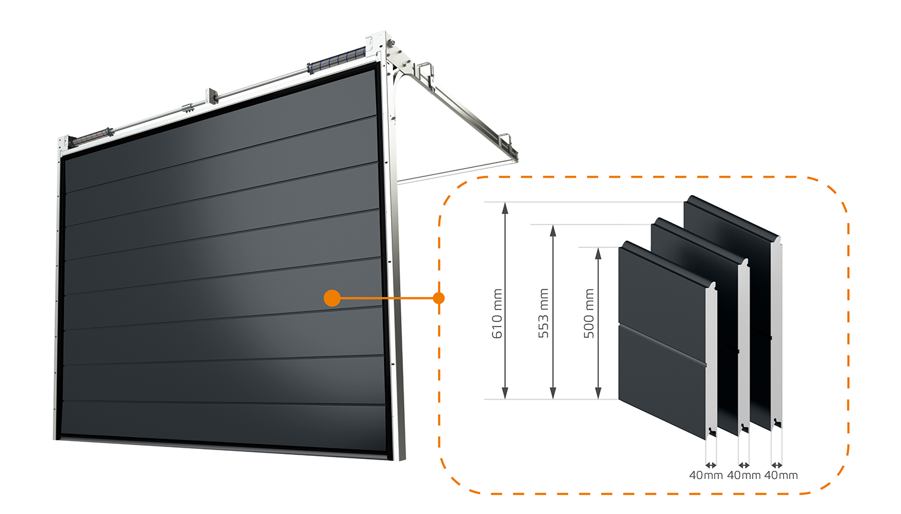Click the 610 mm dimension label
pyautogui.click(x=497, y=313)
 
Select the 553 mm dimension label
pyautogui.click(x=543, y=313)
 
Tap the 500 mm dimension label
pyautogui.click(x=589, y=313)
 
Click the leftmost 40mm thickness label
pyautogui.click(x=706, y=475)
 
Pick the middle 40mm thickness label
pyautogui.click(x=744, y=475)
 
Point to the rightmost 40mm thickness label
pyautogui.click(x=781, y=475)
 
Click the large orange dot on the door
pyautogui.click(x=332, y=298)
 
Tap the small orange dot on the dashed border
pyautogui.click(x=439, y=298)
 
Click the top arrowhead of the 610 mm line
pyautogui.click(x=505, y=208)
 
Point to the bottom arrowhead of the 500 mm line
pyautogui.click(x=598, y=393)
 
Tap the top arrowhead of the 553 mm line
pyautogui.click(x=553, y=231)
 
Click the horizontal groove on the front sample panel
pyautogui.click(x=663, y=345)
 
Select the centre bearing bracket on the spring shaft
pyautogui.click(x=211, y=96)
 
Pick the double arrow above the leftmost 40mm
pyautogui.click(x=711, y=465)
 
